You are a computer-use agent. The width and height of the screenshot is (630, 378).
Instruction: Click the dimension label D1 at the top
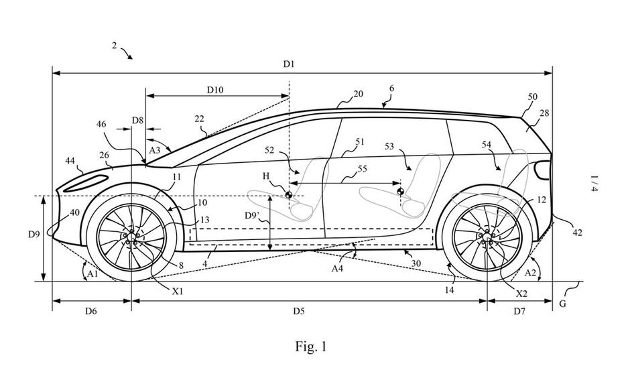[289, 64]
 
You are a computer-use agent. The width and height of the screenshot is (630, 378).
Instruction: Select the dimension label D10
[215, 88]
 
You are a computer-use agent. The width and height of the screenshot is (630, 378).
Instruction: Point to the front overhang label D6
[91, 311]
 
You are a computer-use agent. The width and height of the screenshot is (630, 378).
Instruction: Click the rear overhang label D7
[519, 311]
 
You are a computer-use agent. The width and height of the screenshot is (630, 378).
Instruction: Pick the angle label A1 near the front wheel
[92, 273]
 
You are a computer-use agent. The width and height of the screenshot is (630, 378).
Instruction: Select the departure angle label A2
[529, 272]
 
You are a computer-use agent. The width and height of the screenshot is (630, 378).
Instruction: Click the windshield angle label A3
[155, 149]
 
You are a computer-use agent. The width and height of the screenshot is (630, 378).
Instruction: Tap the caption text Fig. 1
[311, 346]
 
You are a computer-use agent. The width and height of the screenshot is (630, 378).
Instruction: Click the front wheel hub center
[131, 237]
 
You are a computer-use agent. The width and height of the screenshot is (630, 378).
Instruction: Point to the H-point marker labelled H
[289, 196]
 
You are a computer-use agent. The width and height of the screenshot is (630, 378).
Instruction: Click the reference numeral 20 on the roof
[358, 94]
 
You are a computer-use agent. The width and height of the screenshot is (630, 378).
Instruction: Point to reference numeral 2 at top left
[115, 46]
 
